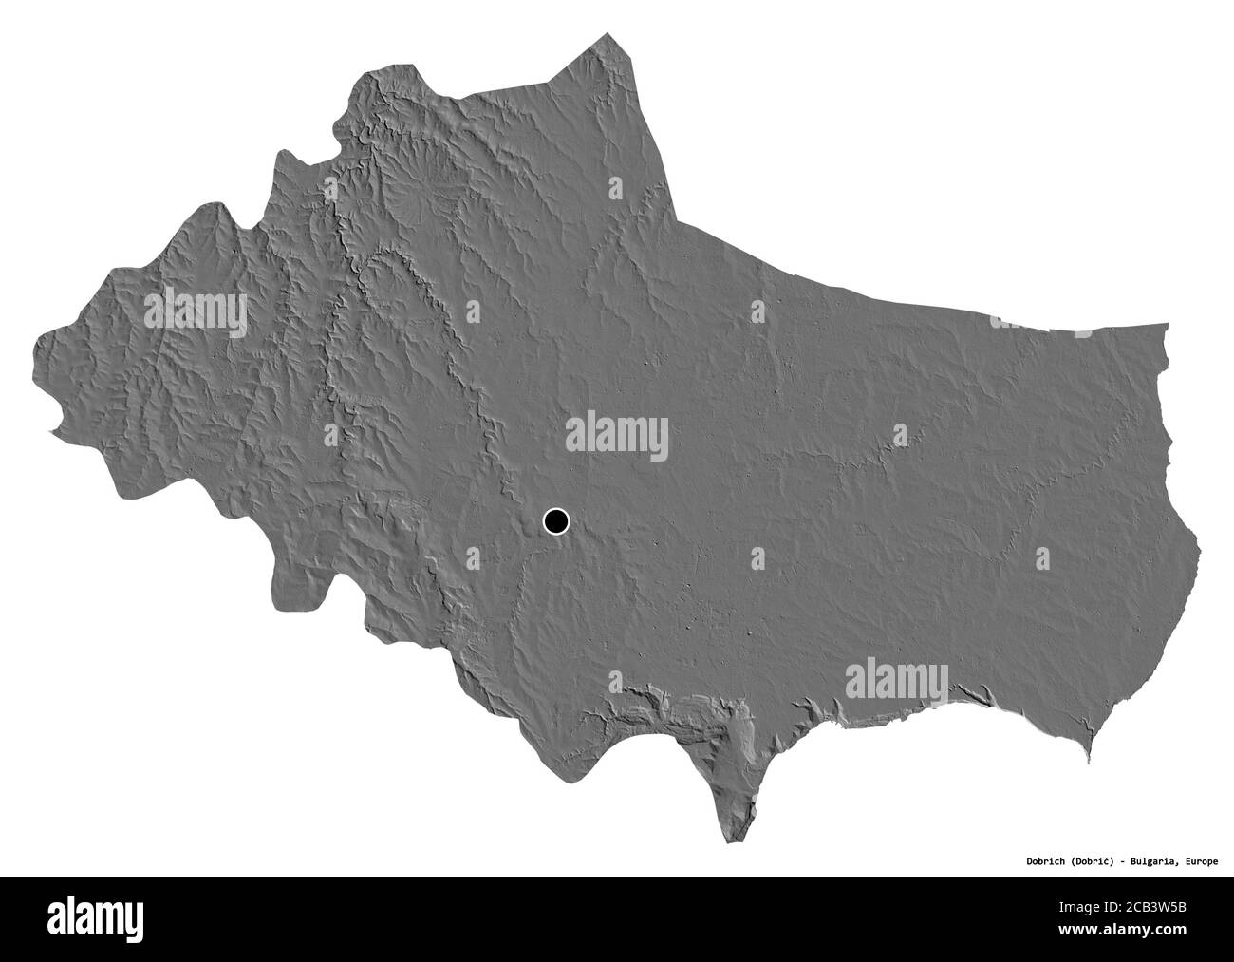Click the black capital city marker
click(555, 520)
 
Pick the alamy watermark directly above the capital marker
click(617, 435)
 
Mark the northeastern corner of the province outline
click(1167, 325)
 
